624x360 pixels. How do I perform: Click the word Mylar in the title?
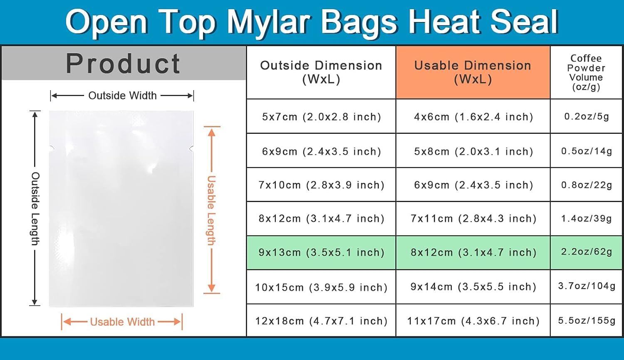tap(268, 23)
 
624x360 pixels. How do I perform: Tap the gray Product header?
tap(124, 63)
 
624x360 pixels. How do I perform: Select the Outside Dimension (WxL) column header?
tap(321, 72)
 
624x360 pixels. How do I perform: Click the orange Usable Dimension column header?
tap(473, 72)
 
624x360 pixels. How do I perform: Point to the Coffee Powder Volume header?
tap(586, 72)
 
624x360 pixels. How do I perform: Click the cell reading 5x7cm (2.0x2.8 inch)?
tap(321, 116)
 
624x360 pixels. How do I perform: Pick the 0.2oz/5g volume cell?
tap(586, 116)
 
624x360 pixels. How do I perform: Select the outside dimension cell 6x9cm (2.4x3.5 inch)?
tap(321, 151)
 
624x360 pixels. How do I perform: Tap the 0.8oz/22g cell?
tap(586, 185)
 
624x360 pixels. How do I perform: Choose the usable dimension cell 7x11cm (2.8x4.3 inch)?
tap(473, 219)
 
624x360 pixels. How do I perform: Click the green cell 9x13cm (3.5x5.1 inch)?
tap(321, 252)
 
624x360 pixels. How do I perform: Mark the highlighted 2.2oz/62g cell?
tap(586, 252)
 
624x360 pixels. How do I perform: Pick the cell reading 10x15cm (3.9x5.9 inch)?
tap(321, 287)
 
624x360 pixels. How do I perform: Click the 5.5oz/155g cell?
tap(586, 321)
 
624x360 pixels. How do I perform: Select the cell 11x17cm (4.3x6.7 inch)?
tap(473, 321)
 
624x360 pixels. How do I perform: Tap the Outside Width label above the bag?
tap(123, 96)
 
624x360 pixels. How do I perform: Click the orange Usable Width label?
tap(122, 322)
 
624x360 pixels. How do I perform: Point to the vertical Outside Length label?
tap(35, 209)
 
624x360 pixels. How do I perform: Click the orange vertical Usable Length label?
tap(211, 210)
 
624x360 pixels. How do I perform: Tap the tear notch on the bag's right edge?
tap(191, 149)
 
